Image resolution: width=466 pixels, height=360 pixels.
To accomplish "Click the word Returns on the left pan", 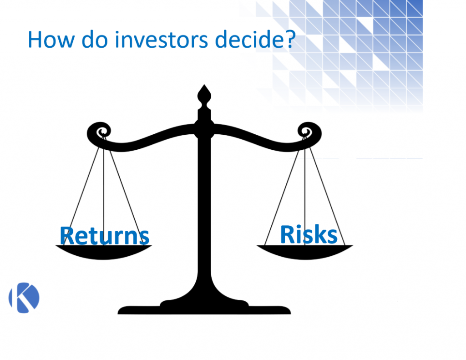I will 104,235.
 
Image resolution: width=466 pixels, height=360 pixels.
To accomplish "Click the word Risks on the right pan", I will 309,234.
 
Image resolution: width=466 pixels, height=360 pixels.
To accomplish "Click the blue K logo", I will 24,298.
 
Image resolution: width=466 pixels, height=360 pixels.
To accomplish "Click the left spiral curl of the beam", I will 99,131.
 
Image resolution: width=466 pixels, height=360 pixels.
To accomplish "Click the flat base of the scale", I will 204,309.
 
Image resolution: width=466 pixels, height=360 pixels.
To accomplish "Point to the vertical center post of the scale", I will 204,205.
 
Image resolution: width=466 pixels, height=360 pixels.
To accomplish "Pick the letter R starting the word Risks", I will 286,234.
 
